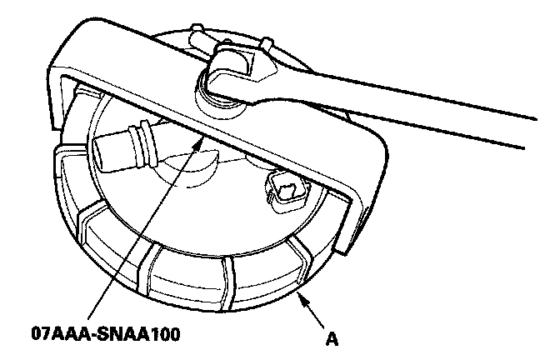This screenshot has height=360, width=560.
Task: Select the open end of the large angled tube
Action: pyautogui.click(x=103, y=152)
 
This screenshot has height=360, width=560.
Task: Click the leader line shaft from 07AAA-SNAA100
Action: pyautogui.click(x=142, y=233)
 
